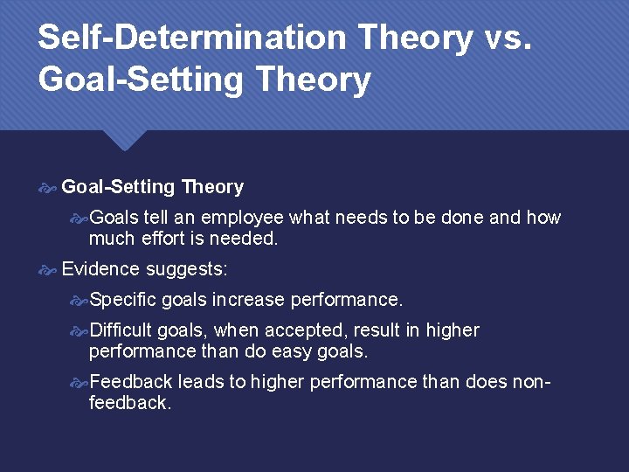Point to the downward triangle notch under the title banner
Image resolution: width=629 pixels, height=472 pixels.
(128, 140)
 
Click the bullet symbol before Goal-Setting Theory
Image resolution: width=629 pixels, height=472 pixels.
(48, 187)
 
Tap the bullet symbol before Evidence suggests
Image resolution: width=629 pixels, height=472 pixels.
(48, 269)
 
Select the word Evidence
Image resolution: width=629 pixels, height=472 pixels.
(100, 269)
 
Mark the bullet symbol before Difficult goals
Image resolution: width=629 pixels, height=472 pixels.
(79, 330)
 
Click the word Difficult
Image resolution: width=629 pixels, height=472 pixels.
(121, 330)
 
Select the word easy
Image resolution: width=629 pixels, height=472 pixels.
(296, 351)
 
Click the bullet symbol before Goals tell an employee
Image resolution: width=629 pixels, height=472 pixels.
(79, 218)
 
